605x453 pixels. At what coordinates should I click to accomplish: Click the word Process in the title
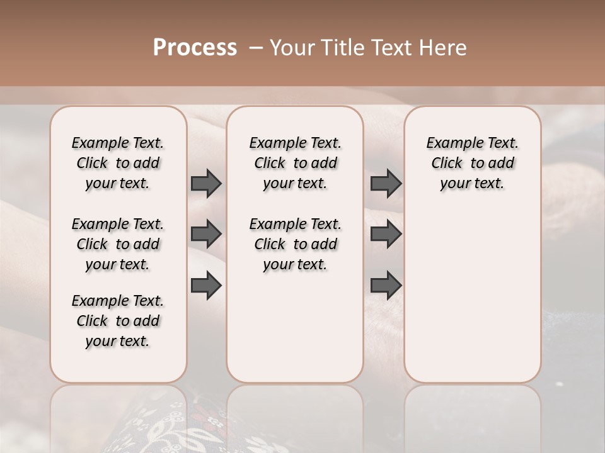click(x=195, y=48)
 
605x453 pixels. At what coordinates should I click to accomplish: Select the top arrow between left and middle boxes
click(x=206, y=183)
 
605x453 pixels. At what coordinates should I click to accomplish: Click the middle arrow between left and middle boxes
click(x=206, y=234)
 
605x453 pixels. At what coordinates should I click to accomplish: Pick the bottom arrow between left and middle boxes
click(x=206, y=285)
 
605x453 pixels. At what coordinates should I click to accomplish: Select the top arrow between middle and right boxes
click(x=386, y=183)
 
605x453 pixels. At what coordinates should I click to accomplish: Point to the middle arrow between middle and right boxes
click(x=386, y=234)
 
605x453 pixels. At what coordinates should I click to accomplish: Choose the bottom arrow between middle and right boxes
click(x=386, y=285)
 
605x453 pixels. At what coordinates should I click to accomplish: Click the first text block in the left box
click(x=118, y=163)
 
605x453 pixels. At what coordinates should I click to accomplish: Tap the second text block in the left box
click(x=118, y=244)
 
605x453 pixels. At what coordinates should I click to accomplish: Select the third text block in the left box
click(x=118, y=321)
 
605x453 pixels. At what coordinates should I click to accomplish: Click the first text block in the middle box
click(x=295, y=163)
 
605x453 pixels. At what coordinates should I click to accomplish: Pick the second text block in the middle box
click(x=295, y=244)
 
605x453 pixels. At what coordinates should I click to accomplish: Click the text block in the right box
click(x=473, y=163)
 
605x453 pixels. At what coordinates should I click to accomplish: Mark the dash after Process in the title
click(x=255, y=48)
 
